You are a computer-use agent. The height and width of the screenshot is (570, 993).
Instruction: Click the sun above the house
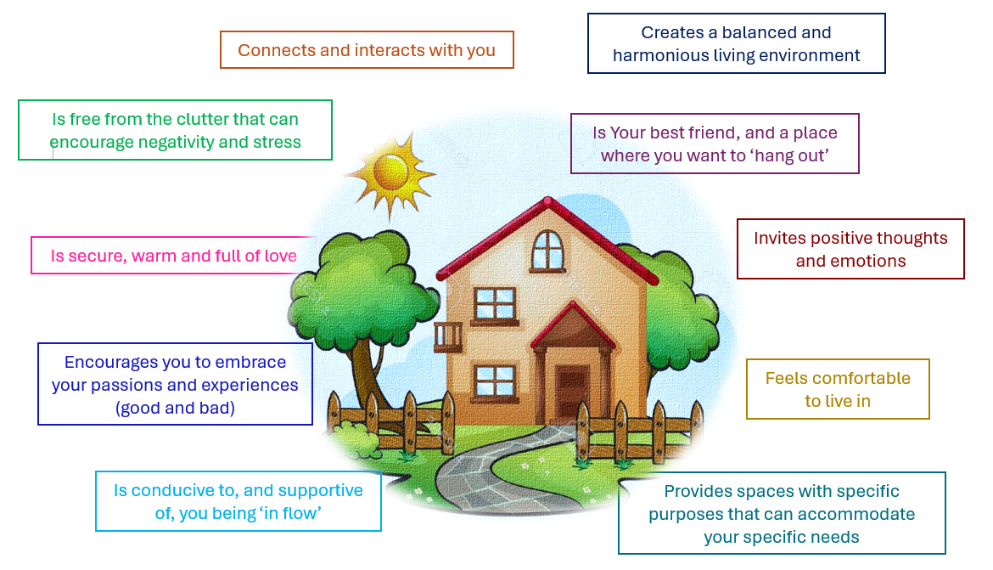click(390, 172)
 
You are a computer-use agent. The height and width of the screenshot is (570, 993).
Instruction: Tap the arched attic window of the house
click(547, 251)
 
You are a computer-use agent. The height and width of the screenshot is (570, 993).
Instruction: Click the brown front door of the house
click(573, 393)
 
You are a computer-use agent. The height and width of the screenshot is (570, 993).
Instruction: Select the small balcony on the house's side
click(448, 336)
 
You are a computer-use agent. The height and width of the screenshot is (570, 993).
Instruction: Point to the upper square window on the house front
click(495, 304)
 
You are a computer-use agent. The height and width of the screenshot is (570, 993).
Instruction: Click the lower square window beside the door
click(495, 381)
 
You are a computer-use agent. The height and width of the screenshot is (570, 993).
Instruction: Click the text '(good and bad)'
click(175, 409)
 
